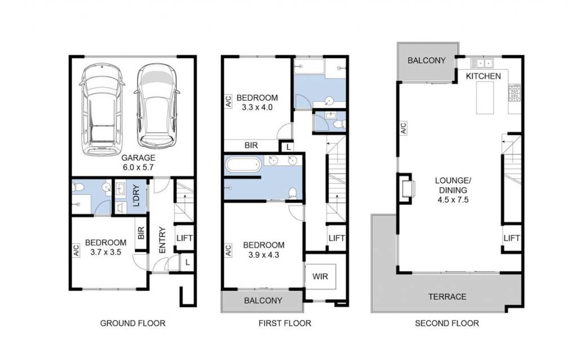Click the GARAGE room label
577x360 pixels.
[139, 158]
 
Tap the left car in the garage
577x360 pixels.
[101, 110]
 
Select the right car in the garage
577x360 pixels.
[157, 106]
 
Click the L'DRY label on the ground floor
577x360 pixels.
[136, 195]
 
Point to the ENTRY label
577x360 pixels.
[162, 240]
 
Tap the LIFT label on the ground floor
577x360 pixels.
[184, 238]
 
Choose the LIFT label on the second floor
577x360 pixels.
[512, 238]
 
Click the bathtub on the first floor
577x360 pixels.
[243, 164]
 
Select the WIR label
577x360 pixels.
[320, 277]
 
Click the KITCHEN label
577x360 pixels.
[483, 76]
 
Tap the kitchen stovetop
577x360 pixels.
[514, 93]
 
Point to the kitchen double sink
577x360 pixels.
[482, 63]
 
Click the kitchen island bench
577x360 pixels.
[485, 98]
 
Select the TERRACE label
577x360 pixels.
[447, 297]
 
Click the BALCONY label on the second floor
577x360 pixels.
[427, 60]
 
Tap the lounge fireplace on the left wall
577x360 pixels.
[406, 189]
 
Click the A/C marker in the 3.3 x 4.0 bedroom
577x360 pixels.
[228, 101]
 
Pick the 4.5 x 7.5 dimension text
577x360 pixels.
[453, 200]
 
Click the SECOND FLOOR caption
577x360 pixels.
[447, 323]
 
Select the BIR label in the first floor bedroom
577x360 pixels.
[251, 145]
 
